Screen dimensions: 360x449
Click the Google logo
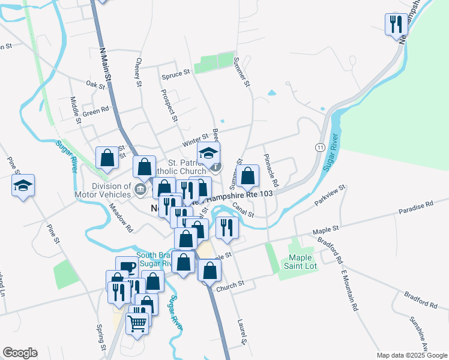coord(20,353)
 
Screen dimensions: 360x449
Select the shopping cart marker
coord(137,323)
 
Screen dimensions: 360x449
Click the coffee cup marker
coord(127,267)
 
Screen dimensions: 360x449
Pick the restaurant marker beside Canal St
coord(227,227)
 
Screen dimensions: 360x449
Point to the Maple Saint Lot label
coord(297,262)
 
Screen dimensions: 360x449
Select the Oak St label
coord(95,85)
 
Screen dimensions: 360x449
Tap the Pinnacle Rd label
coord(270,169)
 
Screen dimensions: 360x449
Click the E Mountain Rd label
coord(349,290)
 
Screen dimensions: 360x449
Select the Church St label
coord(231,283)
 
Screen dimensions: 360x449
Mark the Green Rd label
coord(95,110)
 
